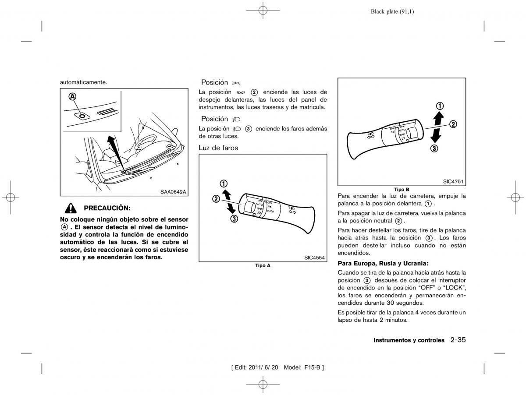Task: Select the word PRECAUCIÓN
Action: tap(107, 208)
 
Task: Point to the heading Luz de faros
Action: tap(218, 148)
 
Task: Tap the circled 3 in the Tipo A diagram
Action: tap(234, 219)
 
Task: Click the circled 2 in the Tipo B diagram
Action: tap(453, 124)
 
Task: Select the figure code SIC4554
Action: tap(314, 257)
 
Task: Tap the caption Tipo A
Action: tap(263, 266)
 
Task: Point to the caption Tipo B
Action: tap(402, 189)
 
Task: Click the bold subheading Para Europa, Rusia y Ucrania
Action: tap(383, 263)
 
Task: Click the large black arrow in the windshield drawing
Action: tap(114, 151)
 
